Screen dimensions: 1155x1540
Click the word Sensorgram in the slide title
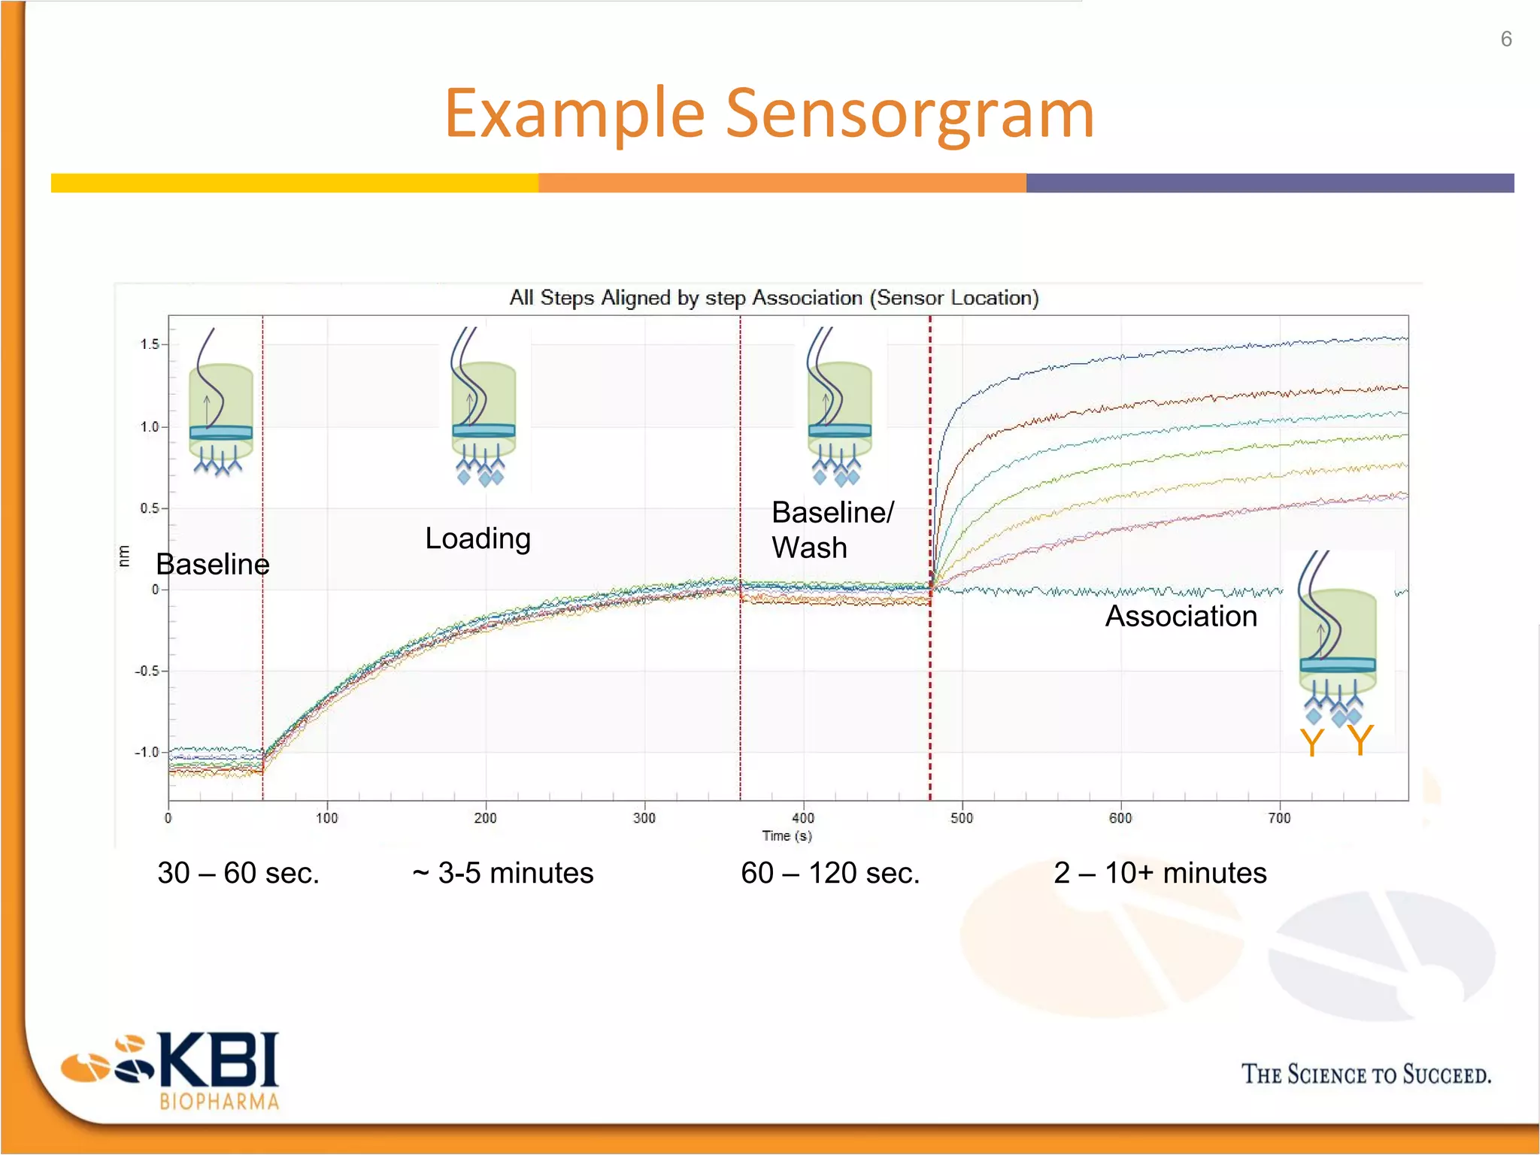coord(909,114)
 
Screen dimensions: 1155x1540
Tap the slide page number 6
coord(1505,39)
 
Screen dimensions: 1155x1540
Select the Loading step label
coord(477,538)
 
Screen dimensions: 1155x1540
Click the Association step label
coord(1181,616)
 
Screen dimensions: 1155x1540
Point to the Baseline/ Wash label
coord(832,529)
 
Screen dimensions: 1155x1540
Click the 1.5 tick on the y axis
coord(149,344)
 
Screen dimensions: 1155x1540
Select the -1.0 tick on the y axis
coord(147,753)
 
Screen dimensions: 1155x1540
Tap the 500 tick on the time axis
coord(962,818)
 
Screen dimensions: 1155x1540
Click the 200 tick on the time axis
coord(485,818)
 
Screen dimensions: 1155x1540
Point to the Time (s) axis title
coord(787,835)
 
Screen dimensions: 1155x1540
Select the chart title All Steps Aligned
coord(774,298)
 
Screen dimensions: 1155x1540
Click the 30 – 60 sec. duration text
coord(238,873)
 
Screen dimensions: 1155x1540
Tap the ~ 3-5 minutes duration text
coord(503,873)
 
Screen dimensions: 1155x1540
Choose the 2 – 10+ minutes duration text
coord(1160,873)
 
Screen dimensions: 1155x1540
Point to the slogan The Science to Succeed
coord(1366,1074)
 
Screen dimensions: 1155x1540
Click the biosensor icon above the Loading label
coord(484,407)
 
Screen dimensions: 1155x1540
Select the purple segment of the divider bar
coord(1269,183)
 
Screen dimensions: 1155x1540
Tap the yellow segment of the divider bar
coord(294,183)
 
